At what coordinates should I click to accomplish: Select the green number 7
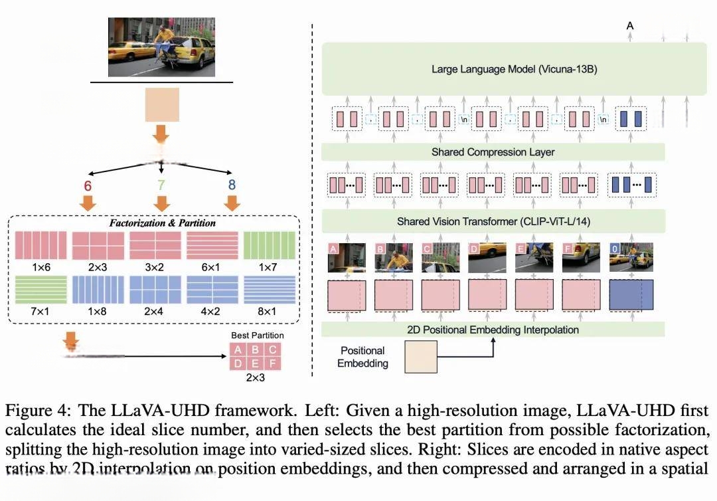[x=161, y=185]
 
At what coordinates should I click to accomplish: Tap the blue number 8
[x=231, y=185]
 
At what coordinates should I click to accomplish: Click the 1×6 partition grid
[x=40, y=245]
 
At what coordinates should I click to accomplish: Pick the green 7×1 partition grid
[x=40, y=290]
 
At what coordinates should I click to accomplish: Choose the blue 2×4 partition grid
[x=155, y=290]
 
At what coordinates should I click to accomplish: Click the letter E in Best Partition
[x=255, y=363]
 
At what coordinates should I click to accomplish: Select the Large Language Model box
[x=515, y=68]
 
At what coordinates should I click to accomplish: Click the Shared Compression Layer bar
[x=493, y=152]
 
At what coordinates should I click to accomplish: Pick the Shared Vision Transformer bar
[x=493, y=221]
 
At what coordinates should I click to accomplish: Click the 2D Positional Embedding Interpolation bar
[x=493, y=330]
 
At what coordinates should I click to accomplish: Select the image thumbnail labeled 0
[x=631, y=258]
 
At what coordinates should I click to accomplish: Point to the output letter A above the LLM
[x=630, y=26]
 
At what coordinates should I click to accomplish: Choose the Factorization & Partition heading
[x=162, y=223]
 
